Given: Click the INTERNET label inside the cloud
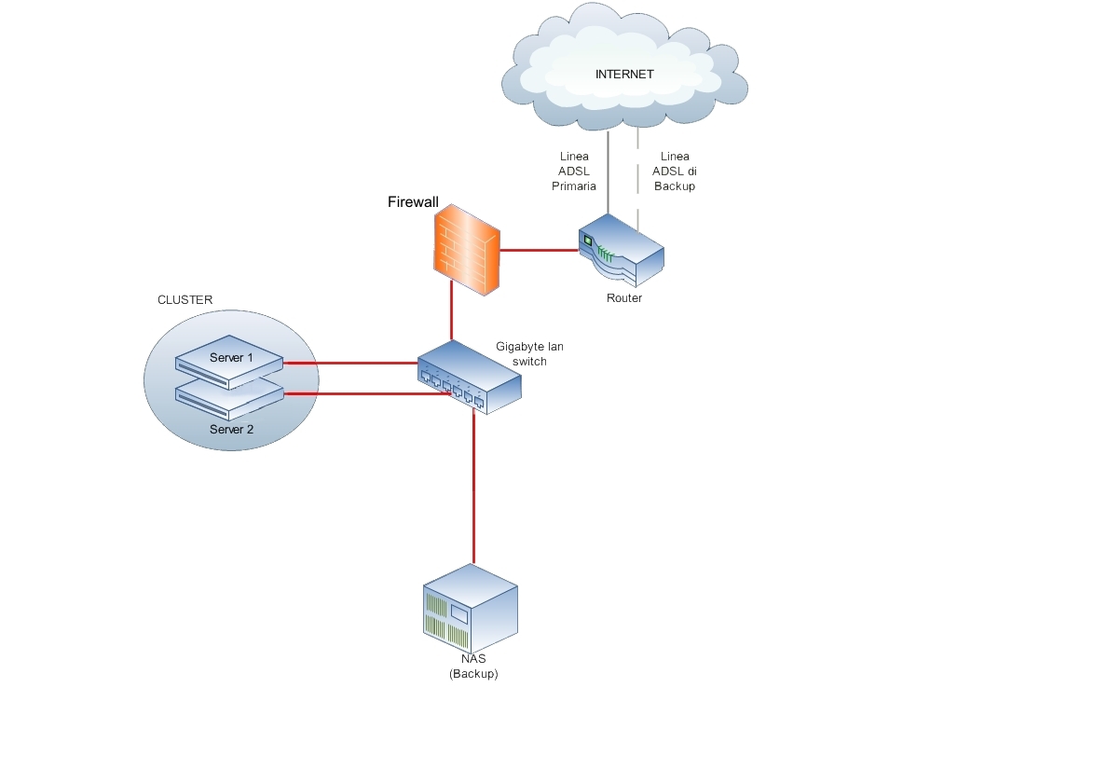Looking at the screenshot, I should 624,75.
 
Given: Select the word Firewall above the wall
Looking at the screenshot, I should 413,202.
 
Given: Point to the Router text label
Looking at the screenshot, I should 624,298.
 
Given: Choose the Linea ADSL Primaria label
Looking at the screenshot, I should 574,172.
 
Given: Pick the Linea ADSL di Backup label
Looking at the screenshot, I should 674,172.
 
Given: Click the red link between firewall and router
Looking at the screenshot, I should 539,250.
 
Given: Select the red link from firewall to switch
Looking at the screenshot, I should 452,312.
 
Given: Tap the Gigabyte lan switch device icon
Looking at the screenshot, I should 469,376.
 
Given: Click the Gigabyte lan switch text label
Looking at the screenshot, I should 528,353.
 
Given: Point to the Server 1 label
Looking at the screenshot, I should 231,358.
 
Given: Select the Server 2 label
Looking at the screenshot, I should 231,430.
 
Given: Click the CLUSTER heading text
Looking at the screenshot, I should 185,300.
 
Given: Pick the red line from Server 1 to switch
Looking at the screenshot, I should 349,363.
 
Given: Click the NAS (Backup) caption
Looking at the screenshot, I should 473,666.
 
